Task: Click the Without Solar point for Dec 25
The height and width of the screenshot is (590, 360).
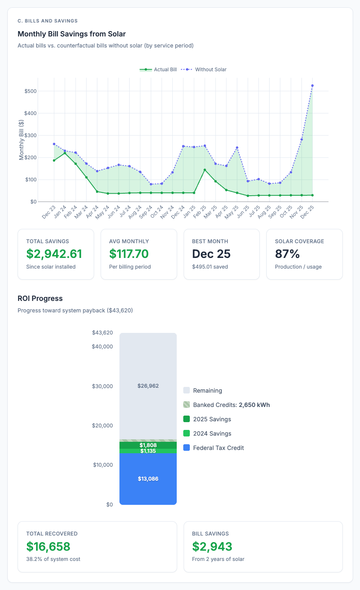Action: pos(312,86)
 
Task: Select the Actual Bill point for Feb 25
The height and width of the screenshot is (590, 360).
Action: pos(205,170)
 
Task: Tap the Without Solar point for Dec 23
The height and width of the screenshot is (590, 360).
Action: pos(54,144)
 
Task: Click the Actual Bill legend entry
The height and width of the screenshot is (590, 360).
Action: pos(158,70)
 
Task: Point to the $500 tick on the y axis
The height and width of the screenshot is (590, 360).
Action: pos(31,91)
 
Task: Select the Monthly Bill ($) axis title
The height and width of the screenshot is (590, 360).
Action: pos(22,140)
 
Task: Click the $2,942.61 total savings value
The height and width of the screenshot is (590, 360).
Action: pos(54,254)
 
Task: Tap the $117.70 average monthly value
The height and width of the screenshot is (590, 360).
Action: pos(129,254)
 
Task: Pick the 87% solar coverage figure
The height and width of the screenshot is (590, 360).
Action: pos(287,254)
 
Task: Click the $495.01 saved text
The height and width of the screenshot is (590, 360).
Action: pos(210,267)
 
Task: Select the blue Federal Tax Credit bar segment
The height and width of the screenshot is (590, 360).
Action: pos(148,479)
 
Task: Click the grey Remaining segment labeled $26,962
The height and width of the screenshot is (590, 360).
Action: pos(148,386)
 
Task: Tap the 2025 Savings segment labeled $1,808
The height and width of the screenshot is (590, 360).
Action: pos(148,445)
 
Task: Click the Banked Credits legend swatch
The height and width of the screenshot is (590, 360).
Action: pos(187,405)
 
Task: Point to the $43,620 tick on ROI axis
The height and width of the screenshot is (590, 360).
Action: pos(102,333)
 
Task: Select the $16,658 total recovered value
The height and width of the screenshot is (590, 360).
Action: pos(48,546)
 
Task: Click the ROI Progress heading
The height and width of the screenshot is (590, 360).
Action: pos(40,298)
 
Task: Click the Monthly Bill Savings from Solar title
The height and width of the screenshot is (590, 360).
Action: pos(72,34)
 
